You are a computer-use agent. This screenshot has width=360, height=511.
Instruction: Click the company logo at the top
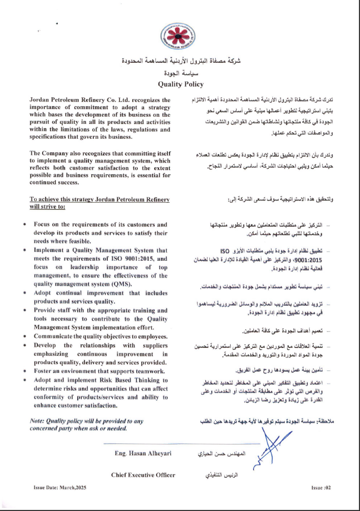pyautogui.click(x=179, y=40)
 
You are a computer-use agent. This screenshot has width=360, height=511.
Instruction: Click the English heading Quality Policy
pyautogui.click(x=179, y=85)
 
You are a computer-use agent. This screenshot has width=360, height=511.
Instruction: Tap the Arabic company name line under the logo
pyautogui.click(x=179, y=62)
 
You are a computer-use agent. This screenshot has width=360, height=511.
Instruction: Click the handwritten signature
pyautogui.click(x=270, y=436)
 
